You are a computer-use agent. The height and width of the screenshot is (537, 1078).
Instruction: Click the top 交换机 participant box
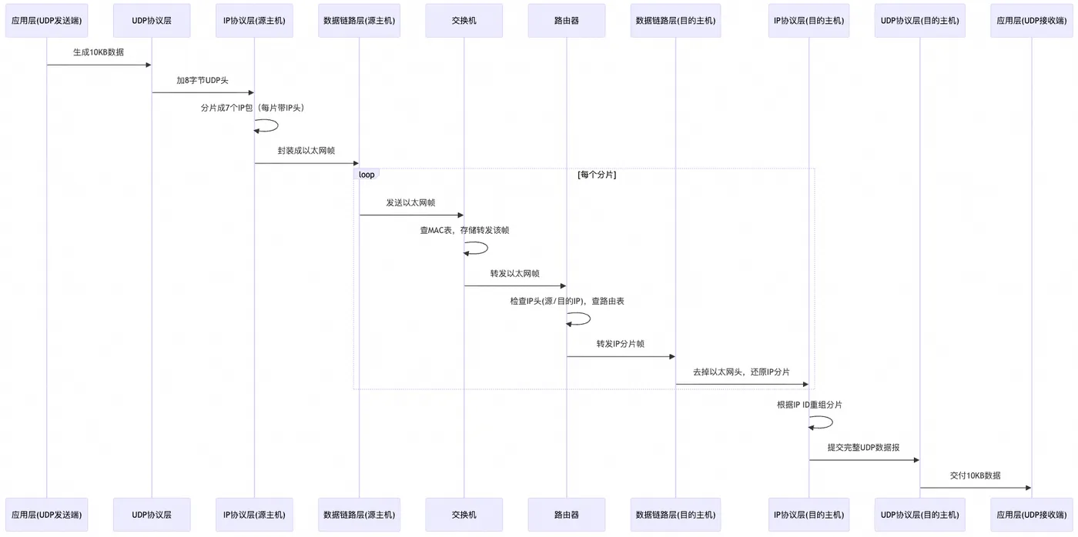click(464, 21)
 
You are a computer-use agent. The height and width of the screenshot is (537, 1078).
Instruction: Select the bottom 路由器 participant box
click(567, 515)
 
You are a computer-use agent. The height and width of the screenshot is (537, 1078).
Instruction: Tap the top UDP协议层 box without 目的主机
click(152, 21)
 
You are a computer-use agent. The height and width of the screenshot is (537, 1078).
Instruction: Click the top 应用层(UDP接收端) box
click(1031, 21)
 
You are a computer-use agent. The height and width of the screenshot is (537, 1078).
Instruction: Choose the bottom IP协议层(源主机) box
click(254, 515)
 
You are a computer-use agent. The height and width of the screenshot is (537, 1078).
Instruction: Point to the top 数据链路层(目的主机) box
click(676, 21)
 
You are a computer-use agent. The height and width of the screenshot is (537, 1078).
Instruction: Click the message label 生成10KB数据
click(99, 52)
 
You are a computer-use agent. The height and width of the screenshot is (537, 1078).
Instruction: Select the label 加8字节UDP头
click(203, 80)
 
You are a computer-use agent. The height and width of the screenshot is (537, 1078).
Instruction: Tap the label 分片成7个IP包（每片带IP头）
click(253, 108)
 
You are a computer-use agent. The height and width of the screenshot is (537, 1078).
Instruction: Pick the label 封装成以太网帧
click(306, 151)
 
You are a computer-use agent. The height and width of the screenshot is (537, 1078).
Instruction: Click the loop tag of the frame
click(367, 175)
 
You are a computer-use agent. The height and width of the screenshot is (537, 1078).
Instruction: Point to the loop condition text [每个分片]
click(597, 175)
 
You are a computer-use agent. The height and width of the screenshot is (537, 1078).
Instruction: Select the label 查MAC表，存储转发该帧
click(464, 230)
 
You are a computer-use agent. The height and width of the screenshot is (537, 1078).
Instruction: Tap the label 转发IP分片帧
click(621, 344)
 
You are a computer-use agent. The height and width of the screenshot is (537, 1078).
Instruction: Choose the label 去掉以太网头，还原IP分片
click(742, 372)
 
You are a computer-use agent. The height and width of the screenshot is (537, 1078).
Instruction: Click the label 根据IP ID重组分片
click(809, 405)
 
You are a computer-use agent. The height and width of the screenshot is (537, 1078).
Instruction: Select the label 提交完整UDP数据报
click(864, 448)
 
